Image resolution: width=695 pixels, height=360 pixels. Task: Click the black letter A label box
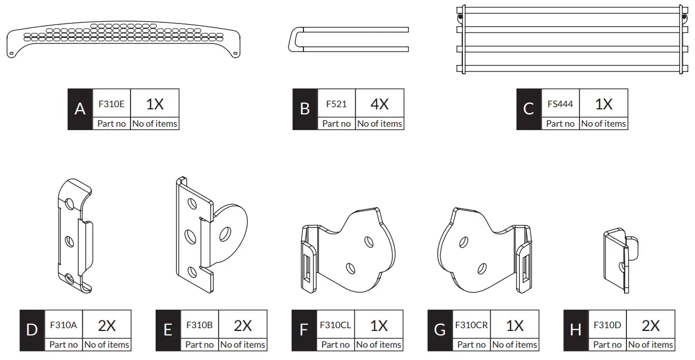(80, 109)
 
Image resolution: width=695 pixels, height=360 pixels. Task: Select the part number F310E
(112, 104)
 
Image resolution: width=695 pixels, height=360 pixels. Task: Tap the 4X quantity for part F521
(379, 104)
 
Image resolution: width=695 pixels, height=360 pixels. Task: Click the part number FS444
(560, 104)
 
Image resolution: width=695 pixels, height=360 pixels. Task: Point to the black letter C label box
(529, 109)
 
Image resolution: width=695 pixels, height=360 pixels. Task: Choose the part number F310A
(64, 325)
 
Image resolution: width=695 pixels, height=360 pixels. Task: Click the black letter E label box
(168, 330)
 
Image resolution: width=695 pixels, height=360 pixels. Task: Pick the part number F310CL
(335, 325)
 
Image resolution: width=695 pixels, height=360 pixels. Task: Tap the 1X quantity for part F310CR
(515, 325)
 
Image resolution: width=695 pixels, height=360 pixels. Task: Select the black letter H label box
(576, 330)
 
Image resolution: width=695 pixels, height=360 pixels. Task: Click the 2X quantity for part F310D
(650, 325)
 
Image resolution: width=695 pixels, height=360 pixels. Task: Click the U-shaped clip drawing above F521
(348, 39)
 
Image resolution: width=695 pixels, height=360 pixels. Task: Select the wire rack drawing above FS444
(572, 39)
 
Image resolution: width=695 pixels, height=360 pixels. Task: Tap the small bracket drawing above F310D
(621, 260)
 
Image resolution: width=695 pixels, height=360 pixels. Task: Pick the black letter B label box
(305, 109)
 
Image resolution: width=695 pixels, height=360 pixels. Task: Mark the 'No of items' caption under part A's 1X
(155, 124)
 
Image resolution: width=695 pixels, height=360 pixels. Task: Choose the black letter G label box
(440, 330)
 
